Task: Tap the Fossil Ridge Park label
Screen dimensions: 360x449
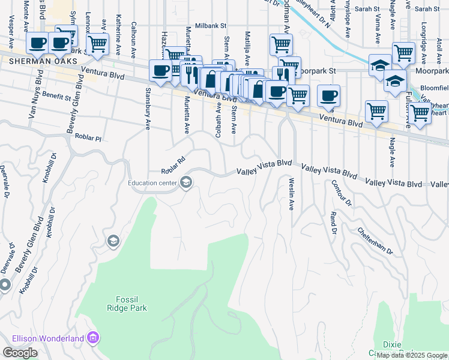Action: tap(131, 303)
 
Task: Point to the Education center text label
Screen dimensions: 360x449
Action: tap(151, 183)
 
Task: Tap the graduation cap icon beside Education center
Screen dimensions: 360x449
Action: tap(186, 183)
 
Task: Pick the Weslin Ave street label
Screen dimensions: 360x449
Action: tap(291, 193)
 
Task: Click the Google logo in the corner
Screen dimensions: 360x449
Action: tap(20, 353)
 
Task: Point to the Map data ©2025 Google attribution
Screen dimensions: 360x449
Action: tap(412, 356)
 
